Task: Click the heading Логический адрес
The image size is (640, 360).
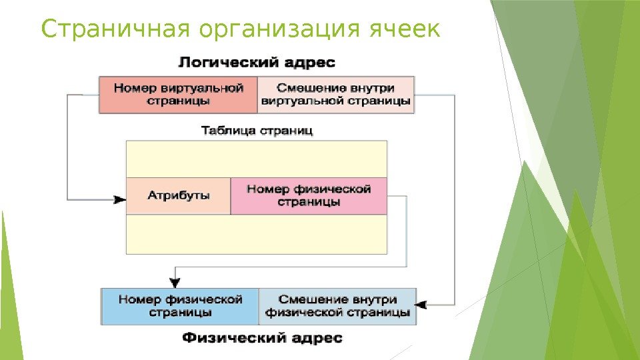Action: [x=256, y=63]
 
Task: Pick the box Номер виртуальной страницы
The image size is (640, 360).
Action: [x=178, y=95]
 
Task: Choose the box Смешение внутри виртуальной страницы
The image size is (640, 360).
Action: [x=335, y=95]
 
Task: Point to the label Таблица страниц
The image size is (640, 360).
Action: [x=257, y=131]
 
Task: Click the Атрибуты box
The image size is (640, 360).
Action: [x=178, y=196]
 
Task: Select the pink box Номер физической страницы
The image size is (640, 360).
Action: [x=308, y=195]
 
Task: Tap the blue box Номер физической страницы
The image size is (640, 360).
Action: [x=180, y=306]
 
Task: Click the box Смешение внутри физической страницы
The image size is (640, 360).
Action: [x=337, y=306]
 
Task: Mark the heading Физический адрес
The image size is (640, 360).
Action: [x=262, y=338]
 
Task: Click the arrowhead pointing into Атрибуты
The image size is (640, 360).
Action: [x=120, y=198]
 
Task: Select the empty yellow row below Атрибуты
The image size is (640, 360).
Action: [x=257, y=234]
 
